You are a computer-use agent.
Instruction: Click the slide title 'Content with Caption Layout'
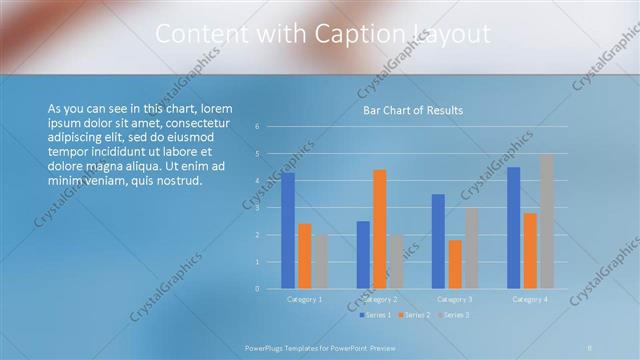[323, 34]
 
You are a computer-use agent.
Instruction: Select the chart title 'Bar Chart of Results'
[412, 110]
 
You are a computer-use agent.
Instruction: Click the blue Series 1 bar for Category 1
[288, 230]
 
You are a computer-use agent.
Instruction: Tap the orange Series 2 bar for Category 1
[304, 256]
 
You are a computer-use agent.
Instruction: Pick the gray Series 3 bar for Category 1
[320, 261]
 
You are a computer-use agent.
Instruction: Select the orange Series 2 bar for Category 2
[379, 229]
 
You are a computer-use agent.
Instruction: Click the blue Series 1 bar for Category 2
[363, 255]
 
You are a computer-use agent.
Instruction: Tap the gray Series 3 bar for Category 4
[546, 221]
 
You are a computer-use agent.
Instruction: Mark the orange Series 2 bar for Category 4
[530, 251]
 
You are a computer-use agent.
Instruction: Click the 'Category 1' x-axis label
[304, 299]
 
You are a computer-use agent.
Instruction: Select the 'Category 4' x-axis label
[530, 299]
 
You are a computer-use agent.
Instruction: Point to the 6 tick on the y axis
[257, 127]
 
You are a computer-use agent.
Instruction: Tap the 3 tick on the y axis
[257, 208]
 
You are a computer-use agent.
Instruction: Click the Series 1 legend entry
[376, 315]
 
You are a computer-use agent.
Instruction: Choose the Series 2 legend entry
[415, 315]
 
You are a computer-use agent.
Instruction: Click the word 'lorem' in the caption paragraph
[217, 108]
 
